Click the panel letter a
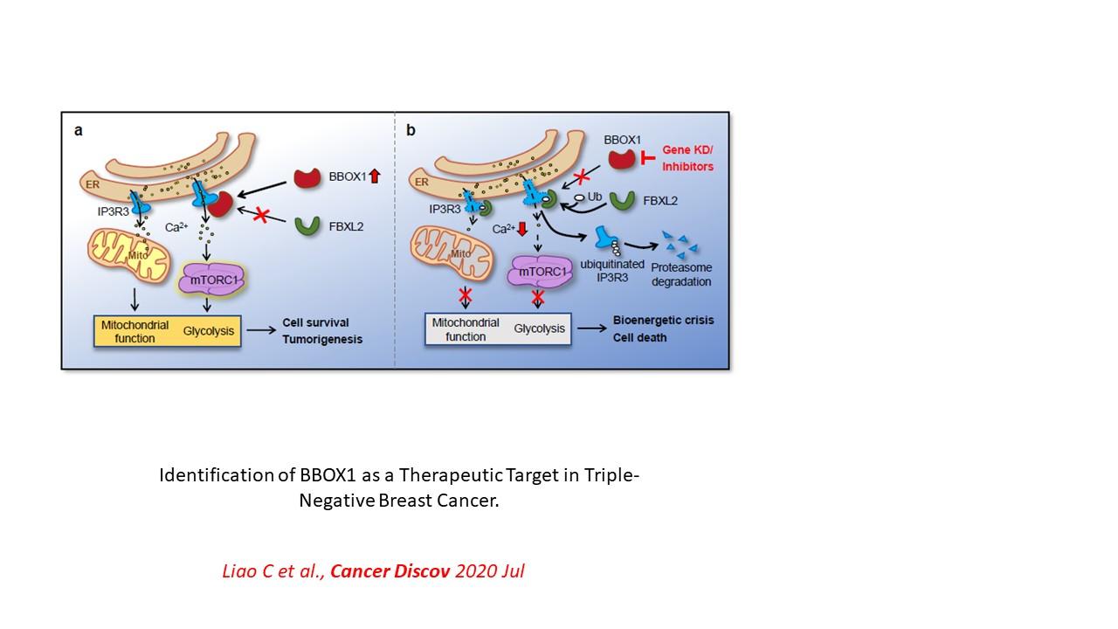(x=78, y=131)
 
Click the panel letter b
(x=411, y=131)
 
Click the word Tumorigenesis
(x=322, y=339)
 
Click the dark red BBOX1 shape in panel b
(x=621, y=158)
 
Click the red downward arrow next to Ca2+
(x=522, y=230)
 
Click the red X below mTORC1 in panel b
(x=539, y=297)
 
